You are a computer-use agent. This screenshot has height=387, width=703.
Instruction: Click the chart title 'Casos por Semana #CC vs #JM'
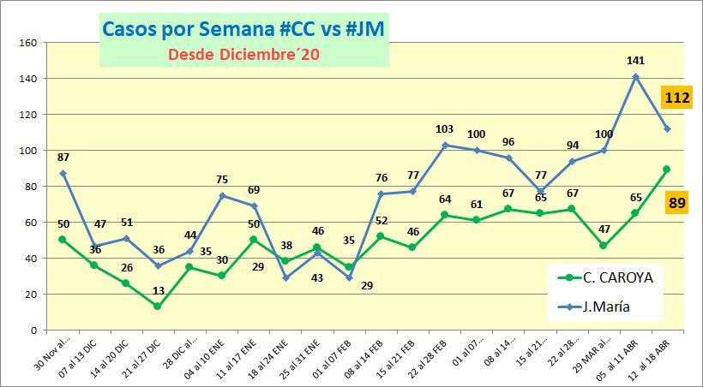243,28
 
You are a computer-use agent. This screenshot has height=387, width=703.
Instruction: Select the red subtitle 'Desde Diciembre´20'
243,54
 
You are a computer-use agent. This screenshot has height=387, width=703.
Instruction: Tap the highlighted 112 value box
677,98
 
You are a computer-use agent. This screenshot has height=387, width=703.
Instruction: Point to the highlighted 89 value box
677,203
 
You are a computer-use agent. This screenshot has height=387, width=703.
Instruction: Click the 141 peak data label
635,61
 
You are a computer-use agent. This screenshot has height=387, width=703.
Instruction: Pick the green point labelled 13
157,307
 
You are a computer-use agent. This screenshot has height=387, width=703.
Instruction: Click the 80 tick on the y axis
29,187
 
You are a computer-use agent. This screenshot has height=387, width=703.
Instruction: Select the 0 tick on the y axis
33,330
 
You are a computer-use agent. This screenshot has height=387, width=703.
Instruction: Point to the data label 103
444,129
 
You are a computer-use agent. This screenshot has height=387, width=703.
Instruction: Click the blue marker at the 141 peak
635,77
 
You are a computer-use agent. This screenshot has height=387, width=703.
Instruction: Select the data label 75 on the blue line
222,180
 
